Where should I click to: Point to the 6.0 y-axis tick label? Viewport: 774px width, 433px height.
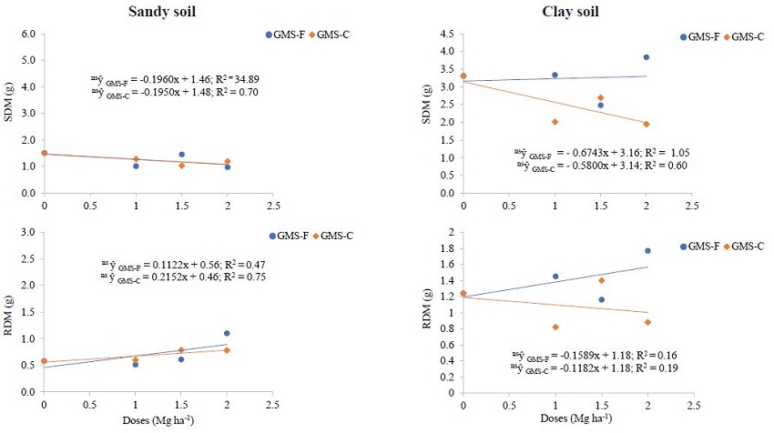[x=27, y=35]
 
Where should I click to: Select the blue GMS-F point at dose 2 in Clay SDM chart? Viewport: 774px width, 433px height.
[x=646, y=57]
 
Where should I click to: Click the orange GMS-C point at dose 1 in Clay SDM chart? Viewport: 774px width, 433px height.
[x=555, y=122]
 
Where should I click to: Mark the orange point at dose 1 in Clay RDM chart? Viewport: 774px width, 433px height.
[x=555, y=327]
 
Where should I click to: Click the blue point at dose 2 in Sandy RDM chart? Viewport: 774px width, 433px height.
[x=227, y=333]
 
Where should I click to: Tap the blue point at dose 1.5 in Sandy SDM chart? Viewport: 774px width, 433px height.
[x=181, y=155]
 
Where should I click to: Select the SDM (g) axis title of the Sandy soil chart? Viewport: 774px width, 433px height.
[x=11, y=115]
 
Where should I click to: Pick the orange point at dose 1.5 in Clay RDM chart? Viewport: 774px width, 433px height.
[x=600, y=280]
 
